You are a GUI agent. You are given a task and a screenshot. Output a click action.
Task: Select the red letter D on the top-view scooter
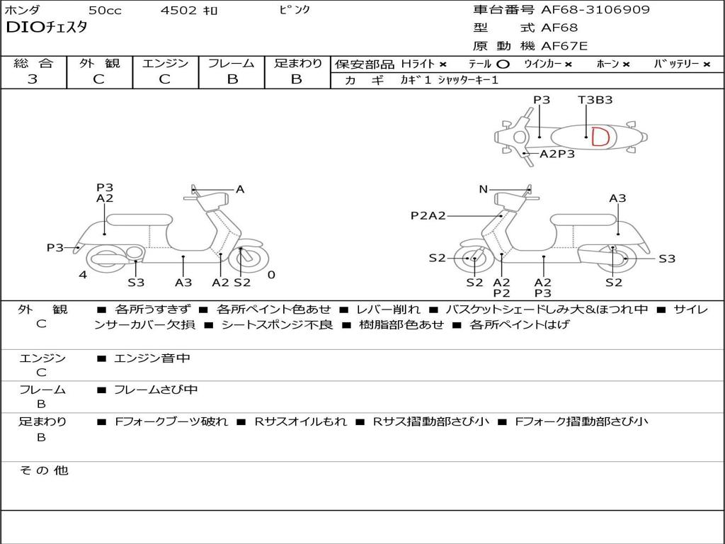599,137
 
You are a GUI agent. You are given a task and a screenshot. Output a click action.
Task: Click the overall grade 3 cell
33,79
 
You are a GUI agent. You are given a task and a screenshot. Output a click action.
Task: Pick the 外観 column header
99,63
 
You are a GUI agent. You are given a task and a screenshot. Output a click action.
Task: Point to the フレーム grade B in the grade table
232,79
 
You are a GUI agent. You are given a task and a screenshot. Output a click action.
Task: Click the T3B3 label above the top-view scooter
595,100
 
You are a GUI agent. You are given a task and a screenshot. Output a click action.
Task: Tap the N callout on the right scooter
483,189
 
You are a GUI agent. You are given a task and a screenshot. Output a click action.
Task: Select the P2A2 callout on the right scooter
428,215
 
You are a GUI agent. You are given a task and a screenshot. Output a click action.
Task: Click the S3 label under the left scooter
136,283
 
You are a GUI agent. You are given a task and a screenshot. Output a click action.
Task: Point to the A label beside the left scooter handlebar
240,189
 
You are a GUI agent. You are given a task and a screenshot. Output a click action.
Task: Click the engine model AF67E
564,46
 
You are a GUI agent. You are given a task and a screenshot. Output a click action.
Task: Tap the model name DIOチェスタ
47,28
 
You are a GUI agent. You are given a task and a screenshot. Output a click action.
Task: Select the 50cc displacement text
104,11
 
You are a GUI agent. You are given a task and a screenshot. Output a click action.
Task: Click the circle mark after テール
503,64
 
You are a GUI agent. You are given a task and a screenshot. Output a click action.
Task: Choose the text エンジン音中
152,358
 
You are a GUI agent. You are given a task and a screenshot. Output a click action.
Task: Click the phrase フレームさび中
156,390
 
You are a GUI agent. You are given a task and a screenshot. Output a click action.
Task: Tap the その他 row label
43,470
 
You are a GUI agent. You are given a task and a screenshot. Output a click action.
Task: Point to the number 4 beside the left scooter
83,275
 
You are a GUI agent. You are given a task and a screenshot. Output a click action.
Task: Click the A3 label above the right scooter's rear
617,198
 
